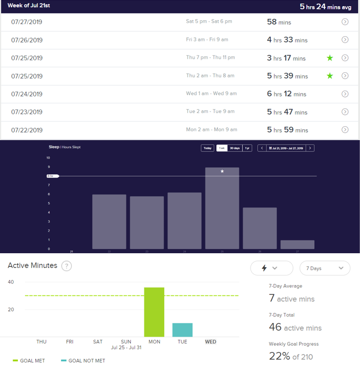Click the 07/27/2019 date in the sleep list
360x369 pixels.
[27, 22]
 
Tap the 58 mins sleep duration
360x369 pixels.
[279, 22]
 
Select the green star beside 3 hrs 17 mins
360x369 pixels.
[330, 58]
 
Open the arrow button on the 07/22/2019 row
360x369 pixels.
[345, 130]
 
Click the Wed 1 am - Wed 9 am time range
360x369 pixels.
[211, 94]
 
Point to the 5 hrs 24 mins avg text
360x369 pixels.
[326, 7]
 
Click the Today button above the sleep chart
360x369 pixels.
[207, 148]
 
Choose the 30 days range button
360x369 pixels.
[234, 148]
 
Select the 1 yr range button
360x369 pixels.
[247, 148]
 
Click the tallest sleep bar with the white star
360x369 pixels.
[222, 208]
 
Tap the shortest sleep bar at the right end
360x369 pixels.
[297, 245]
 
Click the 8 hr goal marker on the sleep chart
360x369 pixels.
[52, 176]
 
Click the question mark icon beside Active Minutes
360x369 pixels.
[67, 266]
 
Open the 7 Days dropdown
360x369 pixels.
[325, 268]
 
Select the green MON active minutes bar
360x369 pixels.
[154, 312]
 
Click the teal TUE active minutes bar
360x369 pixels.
[182, 330]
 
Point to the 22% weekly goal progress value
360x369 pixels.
[279, 356]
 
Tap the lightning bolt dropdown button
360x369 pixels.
[271, 268]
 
